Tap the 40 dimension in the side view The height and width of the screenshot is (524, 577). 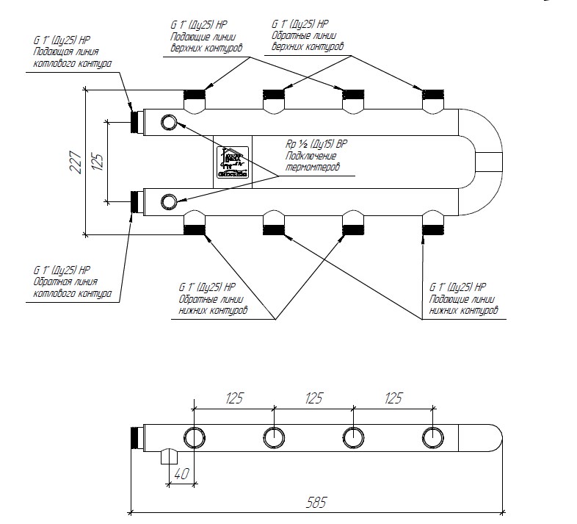point(181,472)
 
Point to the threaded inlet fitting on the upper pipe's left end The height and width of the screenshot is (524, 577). point(137,121)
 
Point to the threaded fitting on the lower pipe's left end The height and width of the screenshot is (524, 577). point(137,201)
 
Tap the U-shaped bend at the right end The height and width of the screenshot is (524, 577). point(481,161)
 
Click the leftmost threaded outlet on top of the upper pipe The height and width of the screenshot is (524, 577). point(195,95)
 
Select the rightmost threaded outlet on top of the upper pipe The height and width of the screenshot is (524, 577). point(433,95)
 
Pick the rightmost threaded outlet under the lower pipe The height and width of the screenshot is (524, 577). point(433,228)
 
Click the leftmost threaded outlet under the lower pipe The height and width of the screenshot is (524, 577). point(195,228)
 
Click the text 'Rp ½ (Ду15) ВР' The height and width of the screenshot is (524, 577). point(315,143)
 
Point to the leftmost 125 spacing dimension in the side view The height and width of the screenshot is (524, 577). point(233,398)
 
